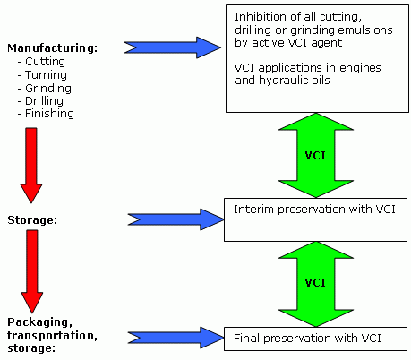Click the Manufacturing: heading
53,48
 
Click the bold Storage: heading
32,220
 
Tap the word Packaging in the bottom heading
39,322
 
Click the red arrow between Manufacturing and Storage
31,166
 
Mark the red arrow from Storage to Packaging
32,271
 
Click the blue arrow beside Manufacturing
173,47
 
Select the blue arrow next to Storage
176,219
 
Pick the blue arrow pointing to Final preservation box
176,338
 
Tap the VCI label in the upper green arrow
315,156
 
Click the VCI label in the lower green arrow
315,283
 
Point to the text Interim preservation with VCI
314,210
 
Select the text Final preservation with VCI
307,339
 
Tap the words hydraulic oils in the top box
295,81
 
